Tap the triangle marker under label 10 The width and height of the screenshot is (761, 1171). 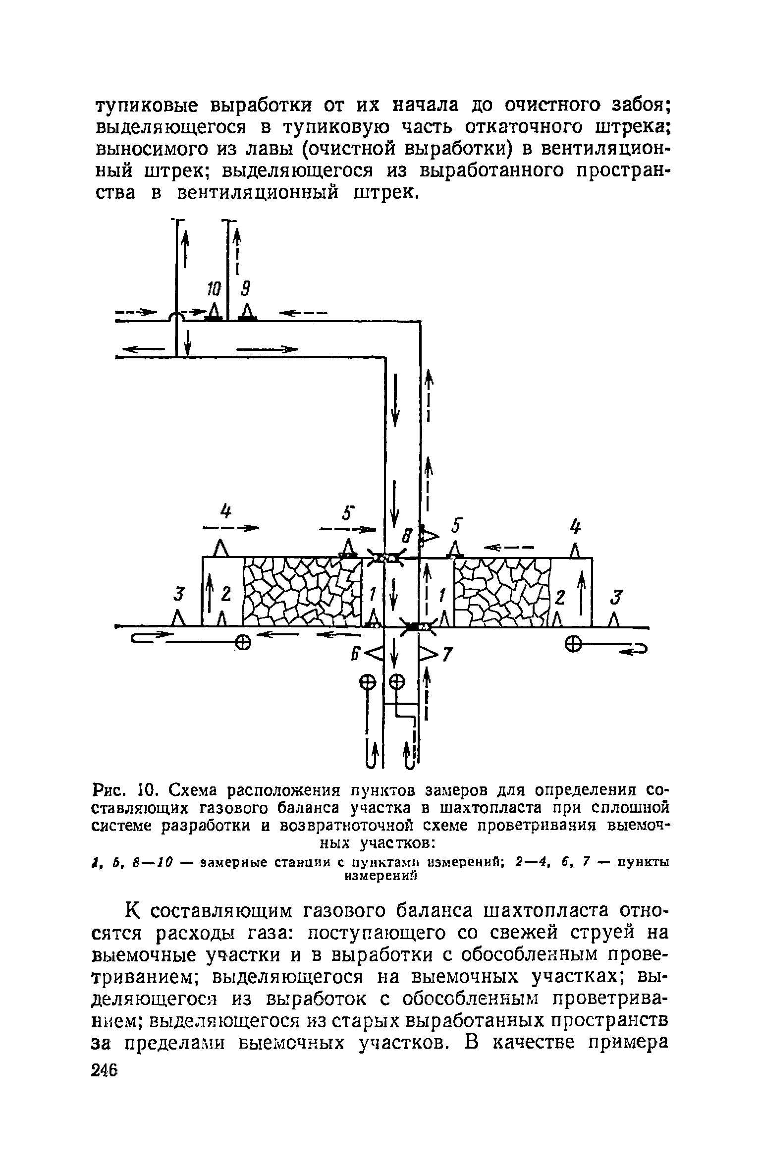[x=214, y=312]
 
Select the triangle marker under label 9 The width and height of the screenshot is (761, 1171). [x=247, y=312]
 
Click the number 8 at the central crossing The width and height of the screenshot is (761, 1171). [x=407, y=537]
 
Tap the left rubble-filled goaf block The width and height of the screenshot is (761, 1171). [x=302, y=591]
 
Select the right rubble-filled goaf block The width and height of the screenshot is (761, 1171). [x=502, y=591]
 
